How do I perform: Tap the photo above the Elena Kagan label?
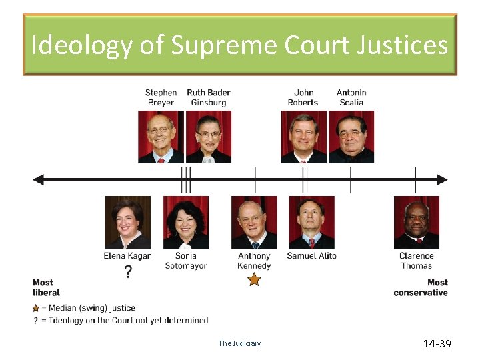pos(127,222)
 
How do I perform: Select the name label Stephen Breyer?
pos(161,97)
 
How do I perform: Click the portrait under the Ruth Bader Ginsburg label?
pos(208,137)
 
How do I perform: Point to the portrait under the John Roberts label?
pos(303,137)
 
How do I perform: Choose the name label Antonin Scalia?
pos(351,97)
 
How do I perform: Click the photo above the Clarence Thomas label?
pos(416,222)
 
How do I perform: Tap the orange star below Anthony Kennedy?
pos(254,280)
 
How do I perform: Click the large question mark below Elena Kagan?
pos(128,272)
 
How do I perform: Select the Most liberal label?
pos(46,287)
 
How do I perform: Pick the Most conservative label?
pos(421,287)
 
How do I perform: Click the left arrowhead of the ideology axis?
pos(39,179)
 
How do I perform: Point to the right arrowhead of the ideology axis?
pos(442,179)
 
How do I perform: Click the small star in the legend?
pos(36,309)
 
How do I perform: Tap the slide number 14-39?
pos(437,344)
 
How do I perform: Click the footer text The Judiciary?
pos(239,344)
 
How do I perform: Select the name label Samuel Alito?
pos(311,256)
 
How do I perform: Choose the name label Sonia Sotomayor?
pos(186,261)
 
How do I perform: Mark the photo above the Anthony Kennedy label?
pos(254,222)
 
